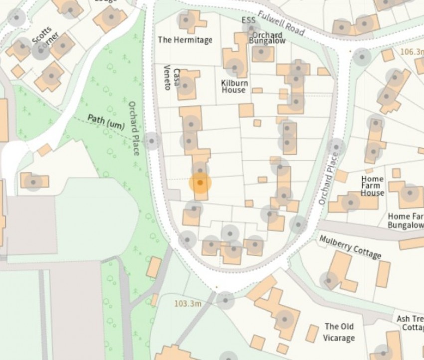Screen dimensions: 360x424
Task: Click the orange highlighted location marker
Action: coord(200,183)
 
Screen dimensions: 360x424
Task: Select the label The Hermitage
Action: coord(185,40)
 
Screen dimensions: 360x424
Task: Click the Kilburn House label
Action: coord(234,86)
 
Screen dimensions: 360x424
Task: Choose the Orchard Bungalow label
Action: coord(269,38)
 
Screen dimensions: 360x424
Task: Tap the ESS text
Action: coord(248,20)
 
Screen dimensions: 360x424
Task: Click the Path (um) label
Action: coord(106,122)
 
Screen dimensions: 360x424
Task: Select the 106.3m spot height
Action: coord(411,52)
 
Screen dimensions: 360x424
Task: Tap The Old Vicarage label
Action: coord(339,332)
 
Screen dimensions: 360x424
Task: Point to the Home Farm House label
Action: coord(373,186)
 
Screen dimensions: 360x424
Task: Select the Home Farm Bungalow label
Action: coord(405,221)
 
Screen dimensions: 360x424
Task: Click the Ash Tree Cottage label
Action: coord(410,323)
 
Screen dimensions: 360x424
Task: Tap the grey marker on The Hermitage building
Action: coord(186,20)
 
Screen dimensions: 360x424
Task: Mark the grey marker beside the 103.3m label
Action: coord(225,300)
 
